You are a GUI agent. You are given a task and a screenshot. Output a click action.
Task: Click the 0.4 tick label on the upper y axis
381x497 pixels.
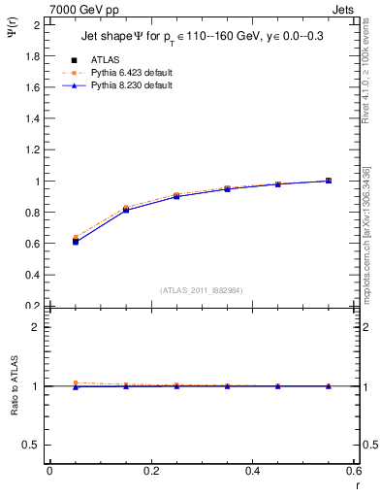[x=34, y=275]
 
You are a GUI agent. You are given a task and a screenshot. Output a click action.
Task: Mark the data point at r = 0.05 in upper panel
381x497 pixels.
[x=76, y=240]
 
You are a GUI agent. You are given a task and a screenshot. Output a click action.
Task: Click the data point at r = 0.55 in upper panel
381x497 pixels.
[x=329, y=181]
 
